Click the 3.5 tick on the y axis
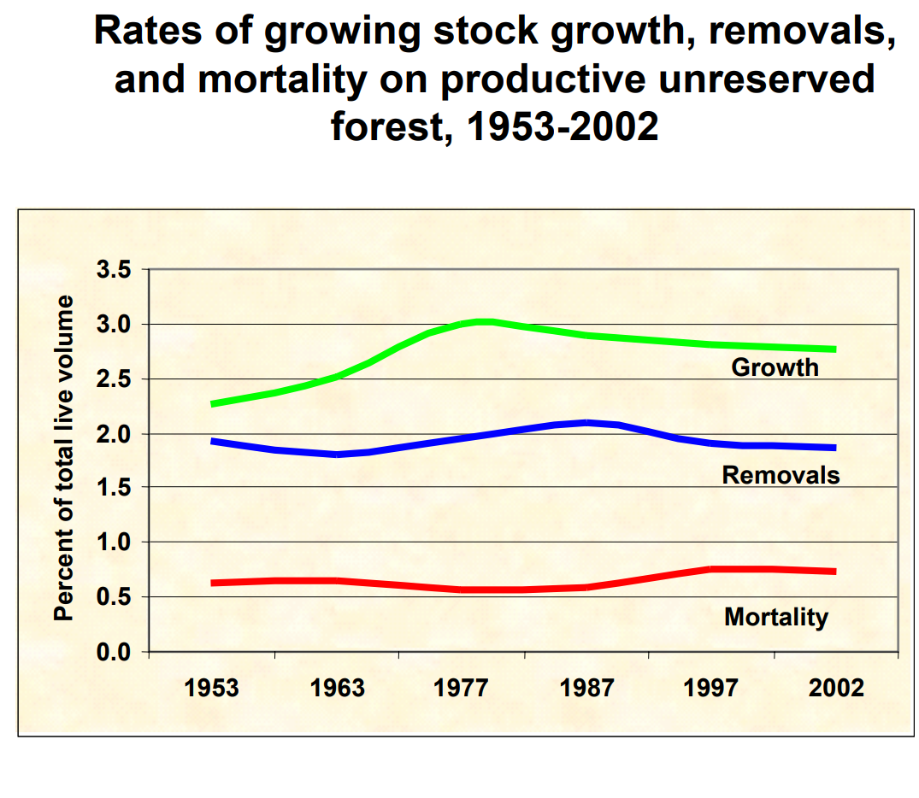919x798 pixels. tap(114, 270)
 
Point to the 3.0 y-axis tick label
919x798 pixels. tap(114, 325)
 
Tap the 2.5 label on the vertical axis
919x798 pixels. tap(114, 379)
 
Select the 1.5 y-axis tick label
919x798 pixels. tap(114, 488)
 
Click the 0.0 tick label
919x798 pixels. tap(114, 652)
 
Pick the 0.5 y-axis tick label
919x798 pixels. tap(114, 597)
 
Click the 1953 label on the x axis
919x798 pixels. tap(212, 688)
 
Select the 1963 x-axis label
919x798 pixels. tap(337, 688)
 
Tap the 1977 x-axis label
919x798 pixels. tap(462, 688)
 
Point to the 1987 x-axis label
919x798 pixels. tap(586, 688)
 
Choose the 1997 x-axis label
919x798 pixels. tap(711, 688)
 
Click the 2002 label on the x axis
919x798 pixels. tap(836, 688)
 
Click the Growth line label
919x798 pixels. tap(775, 367)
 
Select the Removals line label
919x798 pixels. tap(781, 475)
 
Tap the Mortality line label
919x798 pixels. tap(776, 617)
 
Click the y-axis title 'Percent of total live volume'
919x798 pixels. tap(65, 460)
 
